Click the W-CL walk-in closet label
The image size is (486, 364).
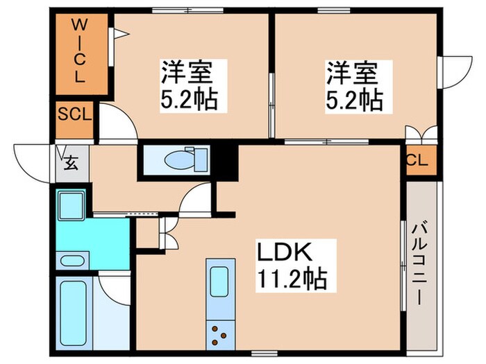pyautogui.click(x=80, y=52)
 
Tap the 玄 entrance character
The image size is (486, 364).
pyautogui.click(x=70, y=164)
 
